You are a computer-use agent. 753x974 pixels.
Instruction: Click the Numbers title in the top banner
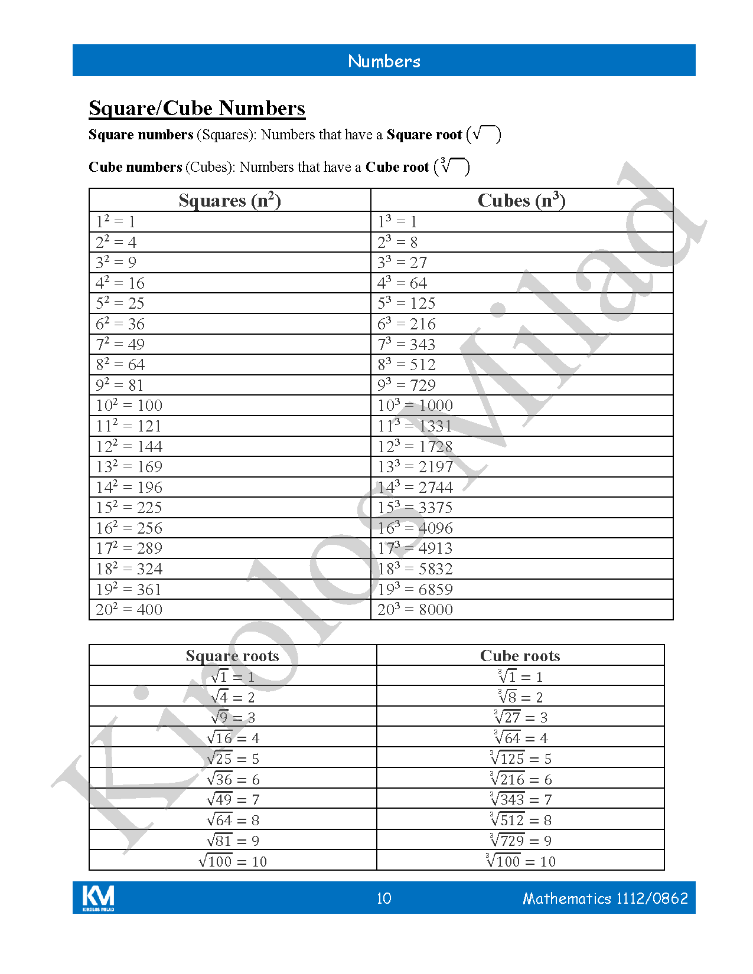[384, 61]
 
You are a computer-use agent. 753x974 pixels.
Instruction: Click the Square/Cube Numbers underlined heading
[197, 108]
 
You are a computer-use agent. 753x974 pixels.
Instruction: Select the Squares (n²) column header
[230, 201]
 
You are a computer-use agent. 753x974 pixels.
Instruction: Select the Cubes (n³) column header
[521, 201]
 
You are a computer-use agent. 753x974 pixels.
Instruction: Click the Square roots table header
[232, 656]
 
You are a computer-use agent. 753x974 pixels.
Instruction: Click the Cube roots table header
[520, 656]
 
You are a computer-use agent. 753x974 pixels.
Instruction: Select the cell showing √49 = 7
[233, 800]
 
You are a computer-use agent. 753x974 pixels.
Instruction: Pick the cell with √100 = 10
[233, 861]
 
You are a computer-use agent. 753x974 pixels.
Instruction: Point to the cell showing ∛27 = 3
[520, 718]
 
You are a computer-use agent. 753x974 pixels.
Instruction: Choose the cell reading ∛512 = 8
[520, 820]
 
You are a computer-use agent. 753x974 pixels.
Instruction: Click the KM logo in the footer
[98, 898]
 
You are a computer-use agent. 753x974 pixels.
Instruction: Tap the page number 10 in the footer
[384, 898]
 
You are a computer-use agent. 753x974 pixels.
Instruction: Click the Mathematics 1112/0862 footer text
[605, 898]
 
